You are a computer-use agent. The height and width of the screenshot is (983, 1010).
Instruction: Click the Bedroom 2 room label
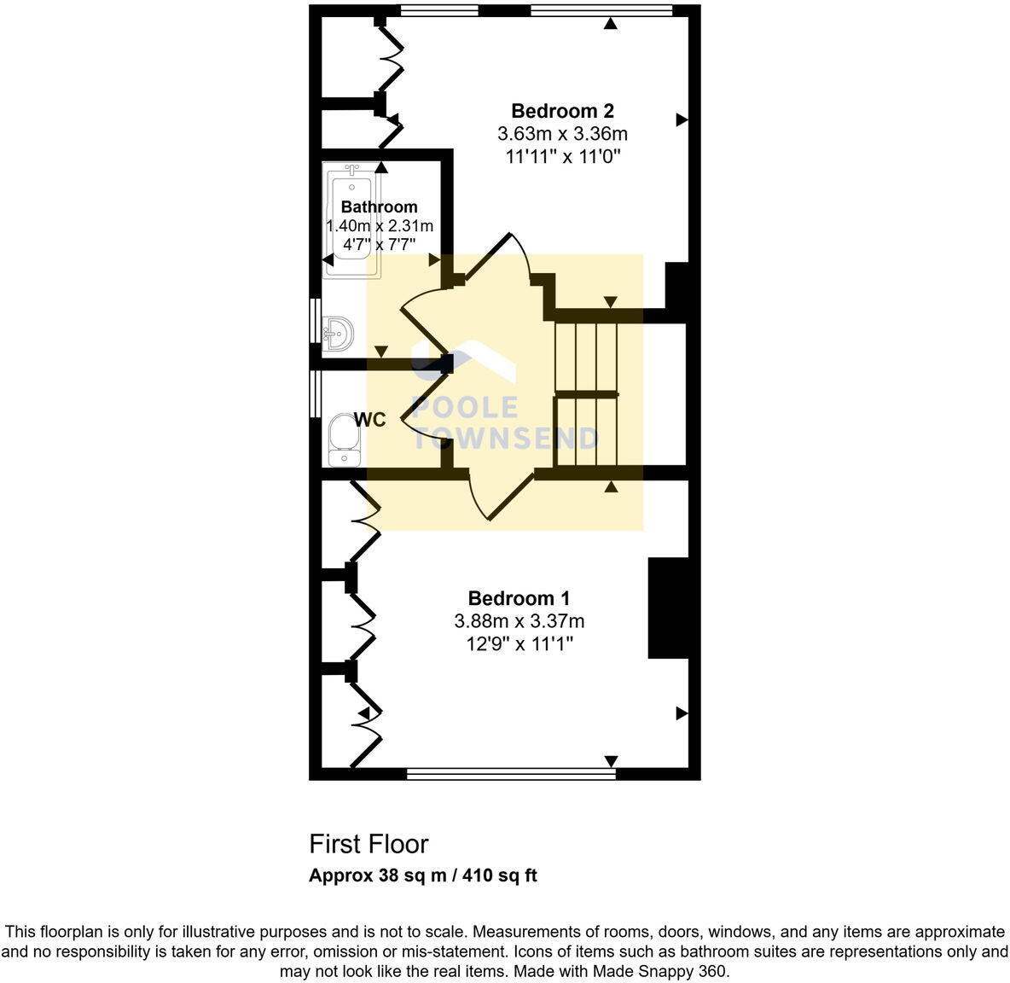562,111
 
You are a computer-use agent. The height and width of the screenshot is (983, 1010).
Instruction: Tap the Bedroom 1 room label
519,598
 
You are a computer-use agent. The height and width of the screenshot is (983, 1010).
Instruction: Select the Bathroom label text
379,206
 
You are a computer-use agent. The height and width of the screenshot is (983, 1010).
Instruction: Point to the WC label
369,420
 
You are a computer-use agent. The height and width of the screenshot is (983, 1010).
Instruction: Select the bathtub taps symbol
351,170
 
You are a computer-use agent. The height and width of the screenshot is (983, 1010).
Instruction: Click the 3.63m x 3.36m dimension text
562,134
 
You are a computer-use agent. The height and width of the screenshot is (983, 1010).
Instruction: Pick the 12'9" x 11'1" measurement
519,643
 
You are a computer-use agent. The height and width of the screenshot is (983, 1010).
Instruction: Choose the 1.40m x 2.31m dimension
380,226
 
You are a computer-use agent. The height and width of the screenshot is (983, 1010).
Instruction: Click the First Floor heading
369,844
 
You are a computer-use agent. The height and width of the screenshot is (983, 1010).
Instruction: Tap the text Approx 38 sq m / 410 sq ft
422,875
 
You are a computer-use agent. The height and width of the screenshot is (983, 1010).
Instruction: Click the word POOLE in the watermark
466,409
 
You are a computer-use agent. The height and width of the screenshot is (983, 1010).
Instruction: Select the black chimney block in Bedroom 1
668,608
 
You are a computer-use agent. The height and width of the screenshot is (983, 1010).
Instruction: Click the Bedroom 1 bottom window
510,774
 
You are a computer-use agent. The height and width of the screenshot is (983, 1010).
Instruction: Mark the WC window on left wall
315,393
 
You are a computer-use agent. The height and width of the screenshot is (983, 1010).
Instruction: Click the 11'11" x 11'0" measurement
562,157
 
